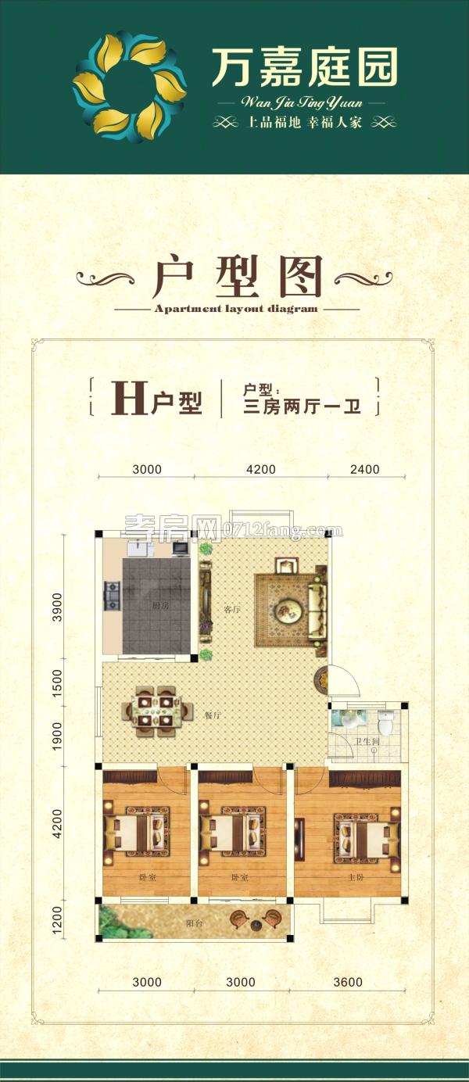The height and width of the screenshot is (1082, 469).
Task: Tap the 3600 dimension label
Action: (x=348, y=982)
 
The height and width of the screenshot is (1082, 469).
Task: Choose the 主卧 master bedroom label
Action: (x=356, y=878)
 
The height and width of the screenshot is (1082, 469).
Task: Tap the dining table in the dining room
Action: (x=156, y=711)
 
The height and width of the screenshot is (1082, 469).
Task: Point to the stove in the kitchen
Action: (x=112, y=595)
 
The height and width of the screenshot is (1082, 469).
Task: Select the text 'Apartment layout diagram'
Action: (x=236, y=309)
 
